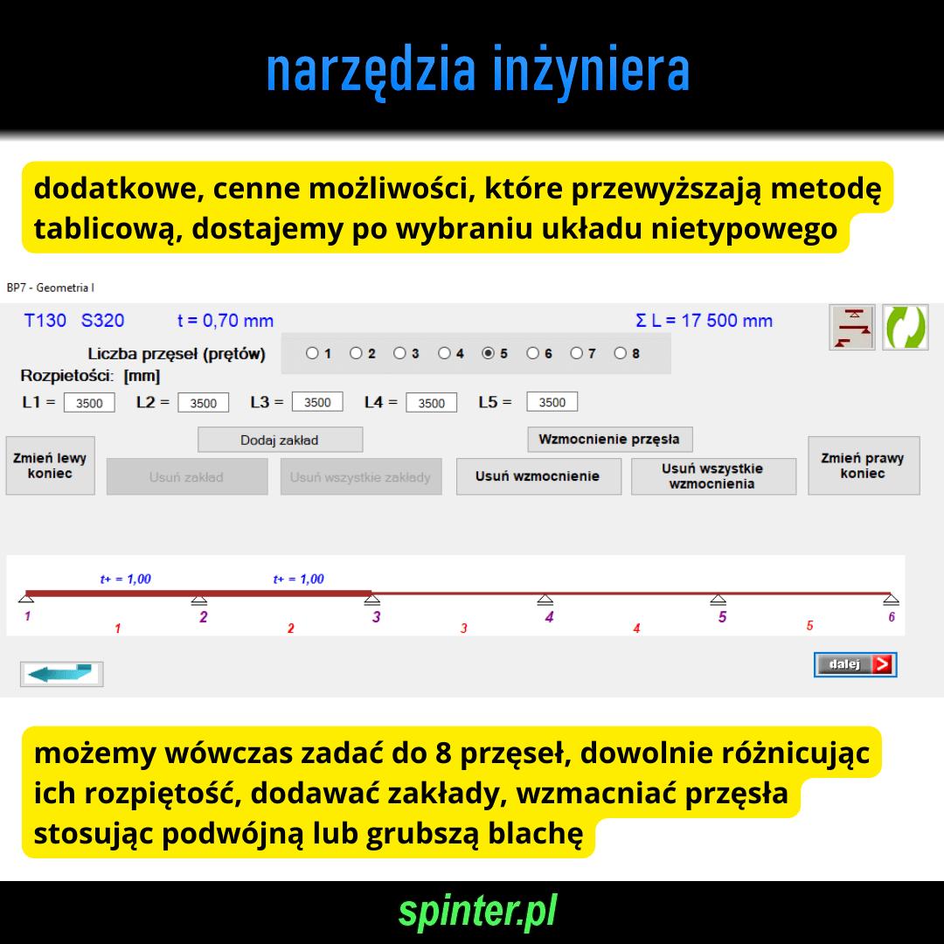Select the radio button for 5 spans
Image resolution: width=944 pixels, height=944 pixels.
coord(489,353)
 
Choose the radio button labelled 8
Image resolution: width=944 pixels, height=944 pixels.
coord(620,353)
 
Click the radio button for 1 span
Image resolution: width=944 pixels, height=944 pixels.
coord(312,353)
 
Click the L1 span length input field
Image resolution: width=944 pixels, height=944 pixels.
coord(89,403)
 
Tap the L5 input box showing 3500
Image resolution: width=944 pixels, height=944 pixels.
coord(552,402)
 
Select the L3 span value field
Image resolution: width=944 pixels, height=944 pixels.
coord(317,402)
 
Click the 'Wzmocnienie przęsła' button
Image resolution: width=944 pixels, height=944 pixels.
coord(610,440)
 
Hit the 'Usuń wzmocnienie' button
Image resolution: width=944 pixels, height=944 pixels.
coord(538,476)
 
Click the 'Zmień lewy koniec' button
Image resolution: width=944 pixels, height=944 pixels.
coord(51,465)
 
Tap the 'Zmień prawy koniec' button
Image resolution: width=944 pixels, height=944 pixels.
coord(864,465)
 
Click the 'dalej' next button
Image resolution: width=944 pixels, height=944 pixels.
coord(855,664)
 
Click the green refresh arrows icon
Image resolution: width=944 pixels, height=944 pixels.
coord(905,328)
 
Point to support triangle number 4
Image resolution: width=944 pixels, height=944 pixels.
coord(545,599)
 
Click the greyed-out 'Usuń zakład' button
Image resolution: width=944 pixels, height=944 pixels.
coord(187,477)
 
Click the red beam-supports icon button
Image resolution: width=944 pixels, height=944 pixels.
coord(852,328)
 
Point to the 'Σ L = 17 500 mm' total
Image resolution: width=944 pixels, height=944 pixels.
coord(704,320)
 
